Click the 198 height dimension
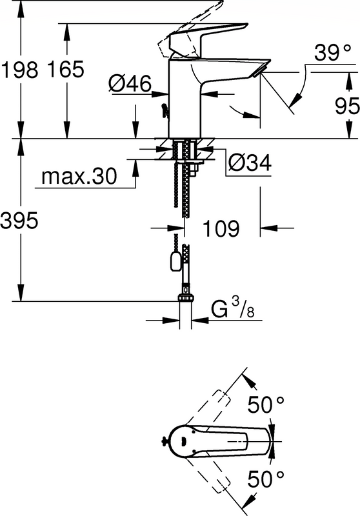(x=20, y=70)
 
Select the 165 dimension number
(x=66, y=70)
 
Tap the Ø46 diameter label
(x=130, y=84)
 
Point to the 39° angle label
(x=333, y=53)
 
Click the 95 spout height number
(x=347, y=106)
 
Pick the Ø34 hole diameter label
(x=250, y=163)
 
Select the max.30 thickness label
(x=79, y=176)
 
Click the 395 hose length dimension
(x=19, y=221)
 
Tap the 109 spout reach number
(x=221, y=228)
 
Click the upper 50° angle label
(x=266, y=404)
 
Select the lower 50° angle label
(x=266, y=479)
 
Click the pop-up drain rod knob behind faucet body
(x=164, y=110)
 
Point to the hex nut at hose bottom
(x=186, y=298)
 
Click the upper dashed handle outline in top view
(x=208, y=408)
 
